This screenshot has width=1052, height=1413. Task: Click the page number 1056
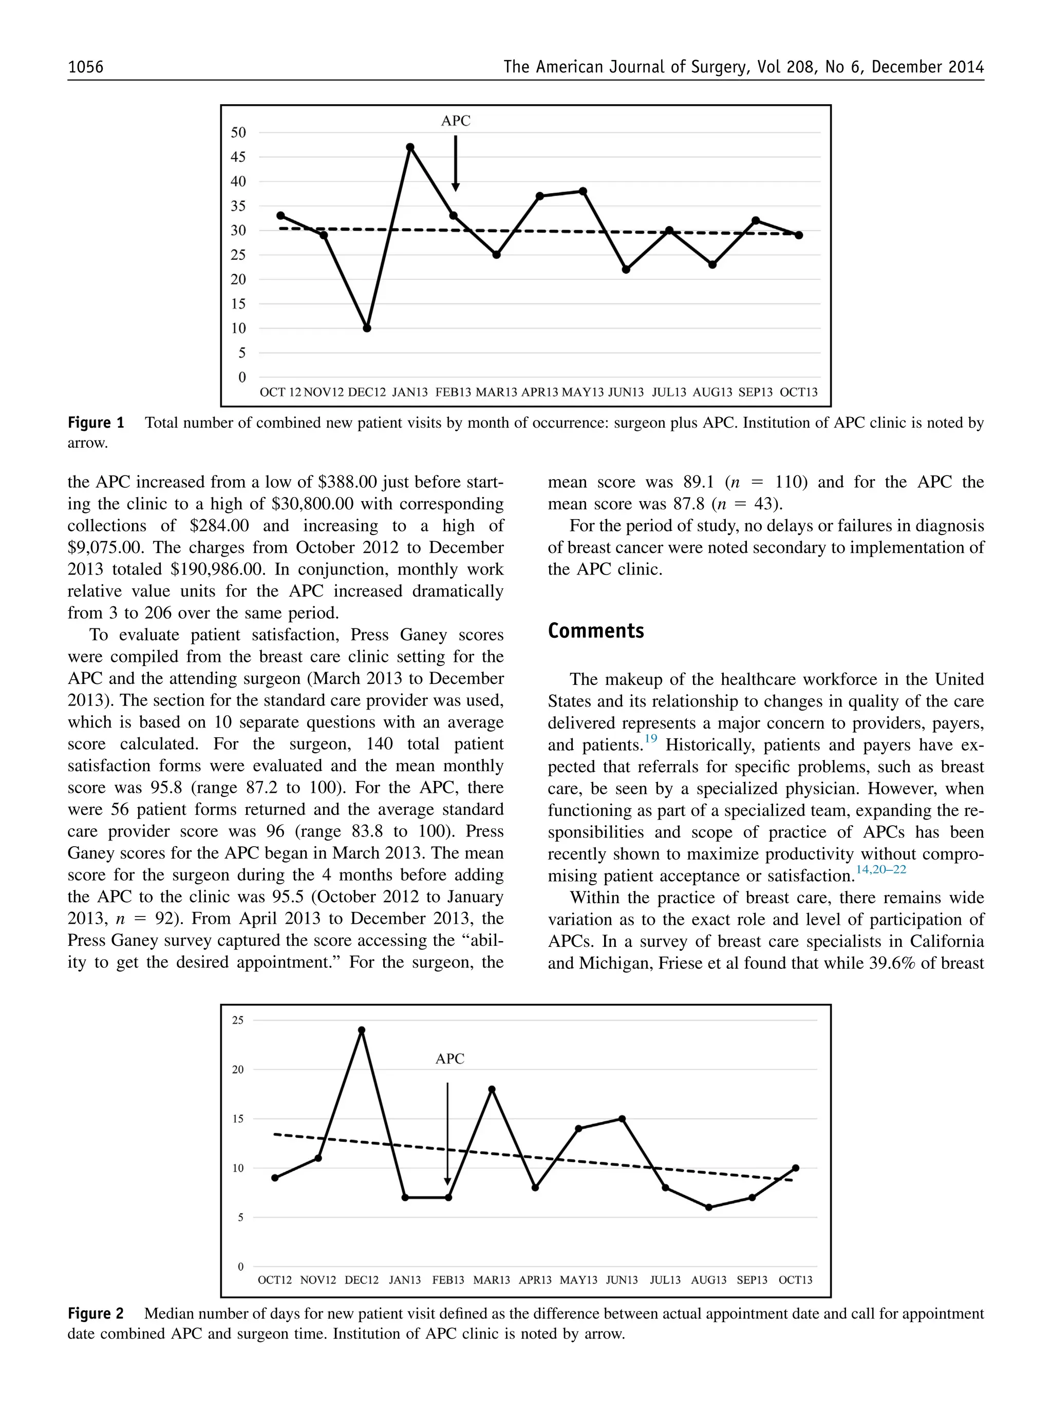point(85,67)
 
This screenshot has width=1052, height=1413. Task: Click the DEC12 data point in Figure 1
point(367,329)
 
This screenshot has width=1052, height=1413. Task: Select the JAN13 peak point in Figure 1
point(410,147)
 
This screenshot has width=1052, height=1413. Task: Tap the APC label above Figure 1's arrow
point(455,121)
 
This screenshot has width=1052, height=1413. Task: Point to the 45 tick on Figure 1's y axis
point(238,157)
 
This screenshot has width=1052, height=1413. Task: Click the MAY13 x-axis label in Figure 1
point(582,392)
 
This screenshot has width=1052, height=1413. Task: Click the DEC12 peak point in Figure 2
point(362,1030)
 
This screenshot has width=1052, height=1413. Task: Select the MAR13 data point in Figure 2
point(492,1089)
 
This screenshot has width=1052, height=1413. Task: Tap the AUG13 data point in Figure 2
point(709,1208)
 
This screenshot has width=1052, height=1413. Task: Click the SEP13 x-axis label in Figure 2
point(752,1280)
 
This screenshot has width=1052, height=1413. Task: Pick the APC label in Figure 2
point(449,1059)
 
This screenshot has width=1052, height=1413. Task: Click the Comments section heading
point(595,631)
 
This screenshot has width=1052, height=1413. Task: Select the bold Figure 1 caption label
point(96,423)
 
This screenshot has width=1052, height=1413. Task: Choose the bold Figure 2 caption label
point(96,1314)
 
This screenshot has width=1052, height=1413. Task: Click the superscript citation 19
point(650,739)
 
